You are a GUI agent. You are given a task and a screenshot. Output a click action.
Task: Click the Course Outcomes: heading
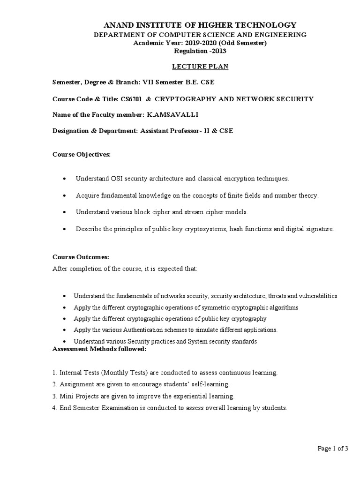coord(80,257)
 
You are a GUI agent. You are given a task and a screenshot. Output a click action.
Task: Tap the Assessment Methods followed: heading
coord(99,349)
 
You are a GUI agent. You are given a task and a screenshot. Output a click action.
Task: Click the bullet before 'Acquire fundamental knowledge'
coord(64,195)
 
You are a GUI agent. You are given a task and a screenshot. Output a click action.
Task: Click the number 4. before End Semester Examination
coord(54,408)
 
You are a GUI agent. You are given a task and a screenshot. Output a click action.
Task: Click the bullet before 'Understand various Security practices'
coord(64,341)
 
